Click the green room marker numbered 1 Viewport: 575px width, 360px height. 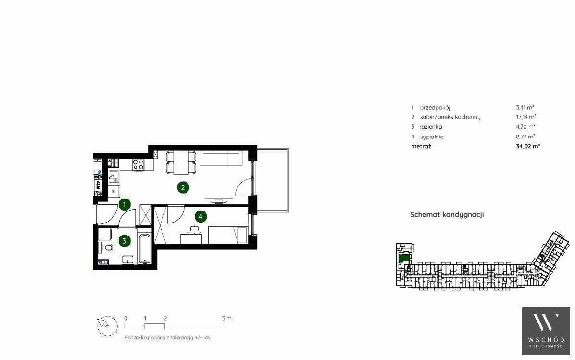pos(125,204)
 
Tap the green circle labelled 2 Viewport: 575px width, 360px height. pos(183,188)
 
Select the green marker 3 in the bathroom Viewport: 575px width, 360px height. pos(125,241)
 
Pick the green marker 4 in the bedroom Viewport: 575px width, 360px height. pos(200,217)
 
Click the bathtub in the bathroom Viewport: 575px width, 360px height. pos(145,248)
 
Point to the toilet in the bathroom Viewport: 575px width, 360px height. pos(106,248)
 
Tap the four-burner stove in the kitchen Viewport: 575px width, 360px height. pos(138,164)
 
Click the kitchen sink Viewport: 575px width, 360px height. pos(114,177)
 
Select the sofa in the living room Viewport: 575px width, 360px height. pos(220,158)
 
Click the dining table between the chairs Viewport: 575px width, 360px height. pos(181,163)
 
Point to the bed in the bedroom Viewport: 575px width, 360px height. pos(228,235)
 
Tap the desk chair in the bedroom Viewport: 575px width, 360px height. pos(194,230)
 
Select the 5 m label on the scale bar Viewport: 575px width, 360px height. pos(226,318)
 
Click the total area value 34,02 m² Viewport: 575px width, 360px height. pos(528,146)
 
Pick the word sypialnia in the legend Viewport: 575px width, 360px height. pos(432,137)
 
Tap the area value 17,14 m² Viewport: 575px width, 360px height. pos(526,117)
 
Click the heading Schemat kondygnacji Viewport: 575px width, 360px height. pos(447,214)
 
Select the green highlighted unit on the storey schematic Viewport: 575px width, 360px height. pos(403,258)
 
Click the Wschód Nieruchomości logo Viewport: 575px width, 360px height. pos(546,331)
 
